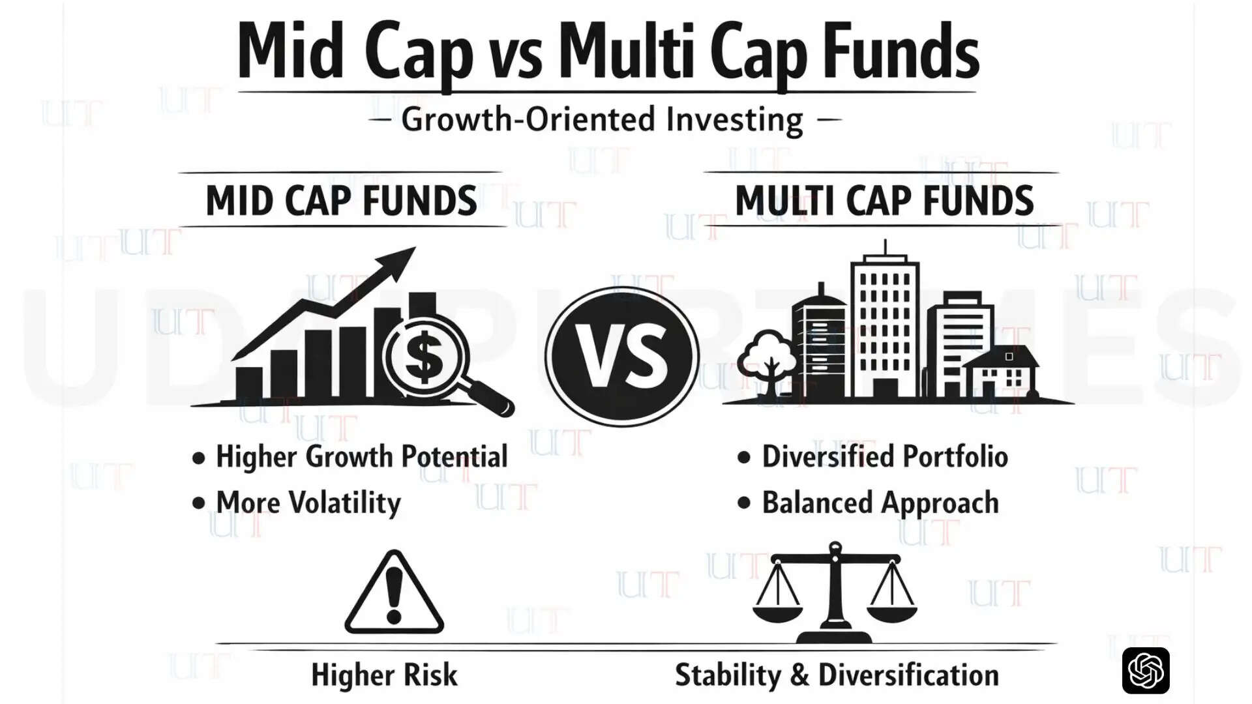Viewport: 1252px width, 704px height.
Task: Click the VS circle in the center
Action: (x=621, y=356)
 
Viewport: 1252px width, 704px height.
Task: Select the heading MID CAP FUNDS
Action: (x=341, y=201)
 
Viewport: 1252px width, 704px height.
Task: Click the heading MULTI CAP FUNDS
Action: (x=884, y=201)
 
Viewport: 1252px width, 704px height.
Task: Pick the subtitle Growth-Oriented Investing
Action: (x=602, y=120)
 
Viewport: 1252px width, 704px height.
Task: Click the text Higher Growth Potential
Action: (x=361, y=456)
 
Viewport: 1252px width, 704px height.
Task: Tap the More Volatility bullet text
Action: (x=308, y=503)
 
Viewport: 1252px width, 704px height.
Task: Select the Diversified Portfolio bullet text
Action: (x=884, y=456)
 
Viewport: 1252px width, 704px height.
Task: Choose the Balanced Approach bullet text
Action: (x=880, y=503)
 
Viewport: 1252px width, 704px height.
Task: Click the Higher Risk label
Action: (x=384, y=675)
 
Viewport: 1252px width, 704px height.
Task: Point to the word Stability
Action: (x=728, y=675)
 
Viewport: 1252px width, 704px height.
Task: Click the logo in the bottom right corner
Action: (x=1145, y=671)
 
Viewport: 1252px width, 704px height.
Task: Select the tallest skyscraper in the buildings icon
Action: (x=884, y=326)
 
